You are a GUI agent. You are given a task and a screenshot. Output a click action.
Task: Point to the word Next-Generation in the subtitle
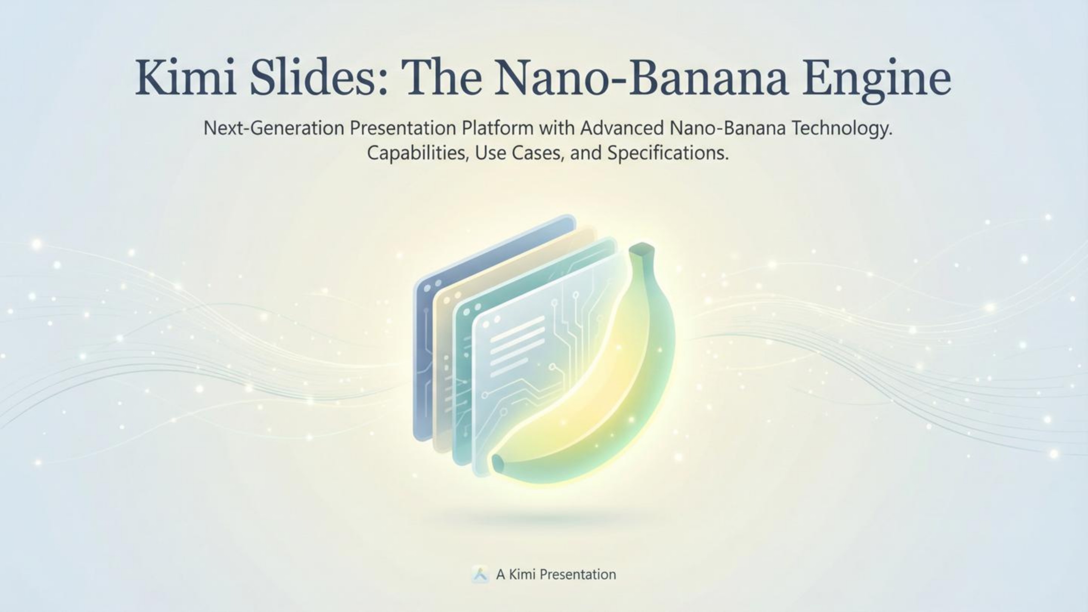click(274, 128)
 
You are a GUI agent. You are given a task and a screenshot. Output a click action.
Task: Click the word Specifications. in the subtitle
click(668, 153)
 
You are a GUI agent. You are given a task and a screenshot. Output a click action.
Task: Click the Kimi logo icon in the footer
click(480, 574)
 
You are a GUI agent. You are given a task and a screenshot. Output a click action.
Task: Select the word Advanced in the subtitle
click(622, 128)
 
